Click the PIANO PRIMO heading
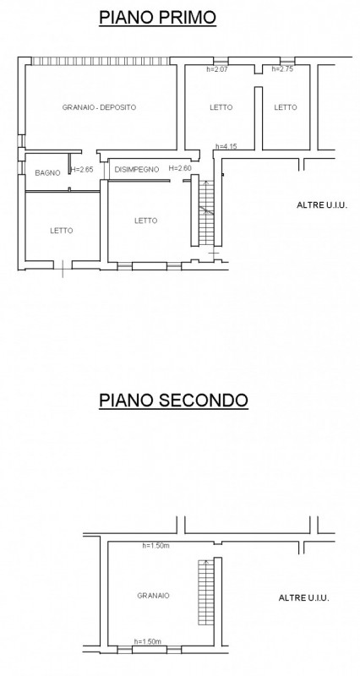(157, 18)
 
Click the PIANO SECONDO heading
(174, 400)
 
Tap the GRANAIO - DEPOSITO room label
(99, 107)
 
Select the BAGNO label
(48, 173)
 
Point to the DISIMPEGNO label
(137, 170)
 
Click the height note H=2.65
(82, 170)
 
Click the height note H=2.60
(180, 168)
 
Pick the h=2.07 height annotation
(217, 69)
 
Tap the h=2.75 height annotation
(282, 69)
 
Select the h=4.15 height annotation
(226, 146)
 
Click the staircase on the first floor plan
(206, 213)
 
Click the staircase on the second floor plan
(206, 592)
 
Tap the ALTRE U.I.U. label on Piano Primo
(322, 205)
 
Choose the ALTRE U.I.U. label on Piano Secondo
(304, 598)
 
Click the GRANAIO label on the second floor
(154, 596)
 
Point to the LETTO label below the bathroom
(62, 231)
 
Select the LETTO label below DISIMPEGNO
(145, 221)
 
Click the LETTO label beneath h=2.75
(286, 107)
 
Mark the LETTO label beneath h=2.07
(221, 107)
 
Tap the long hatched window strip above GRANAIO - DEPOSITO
(101, 61)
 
